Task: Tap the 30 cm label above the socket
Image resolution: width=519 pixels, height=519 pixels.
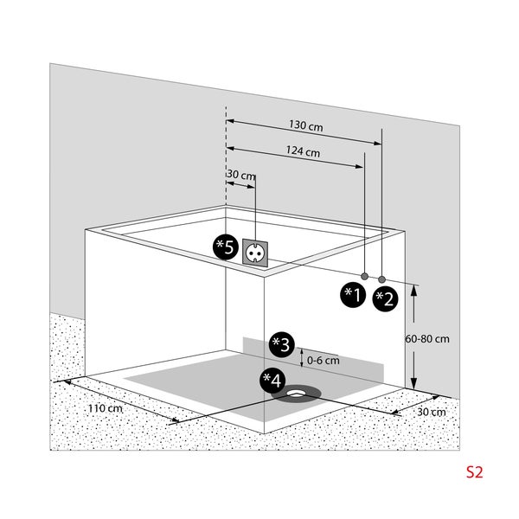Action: [241, 176]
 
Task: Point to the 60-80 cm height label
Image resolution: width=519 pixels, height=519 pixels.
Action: [427, 339]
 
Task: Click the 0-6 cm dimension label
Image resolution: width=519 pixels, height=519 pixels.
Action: [323, 360]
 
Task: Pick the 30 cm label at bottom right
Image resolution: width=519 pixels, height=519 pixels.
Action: [430, 412]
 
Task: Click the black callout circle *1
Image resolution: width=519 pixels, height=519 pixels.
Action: [351, 295]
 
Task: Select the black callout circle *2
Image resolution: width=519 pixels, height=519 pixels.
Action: [384, 298]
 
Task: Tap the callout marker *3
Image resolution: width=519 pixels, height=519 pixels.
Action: [281, 344]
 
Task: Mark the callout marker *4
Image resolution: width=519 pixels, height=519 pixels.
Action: [272, 380]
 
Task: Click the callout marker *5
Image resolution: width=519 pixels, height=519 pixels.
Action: [225, 247]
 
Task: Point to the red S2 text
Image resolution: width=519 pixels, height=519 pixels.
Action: [474, 473]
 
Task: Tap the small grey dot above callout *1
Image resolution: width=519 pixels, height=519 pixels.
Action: [364, 277]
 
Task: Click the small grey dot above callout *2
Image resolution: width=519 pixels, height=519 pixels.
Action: [381, 280]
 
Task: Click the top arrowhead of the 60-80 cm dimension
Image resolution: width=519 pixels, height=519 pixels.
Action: [415, 291]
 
